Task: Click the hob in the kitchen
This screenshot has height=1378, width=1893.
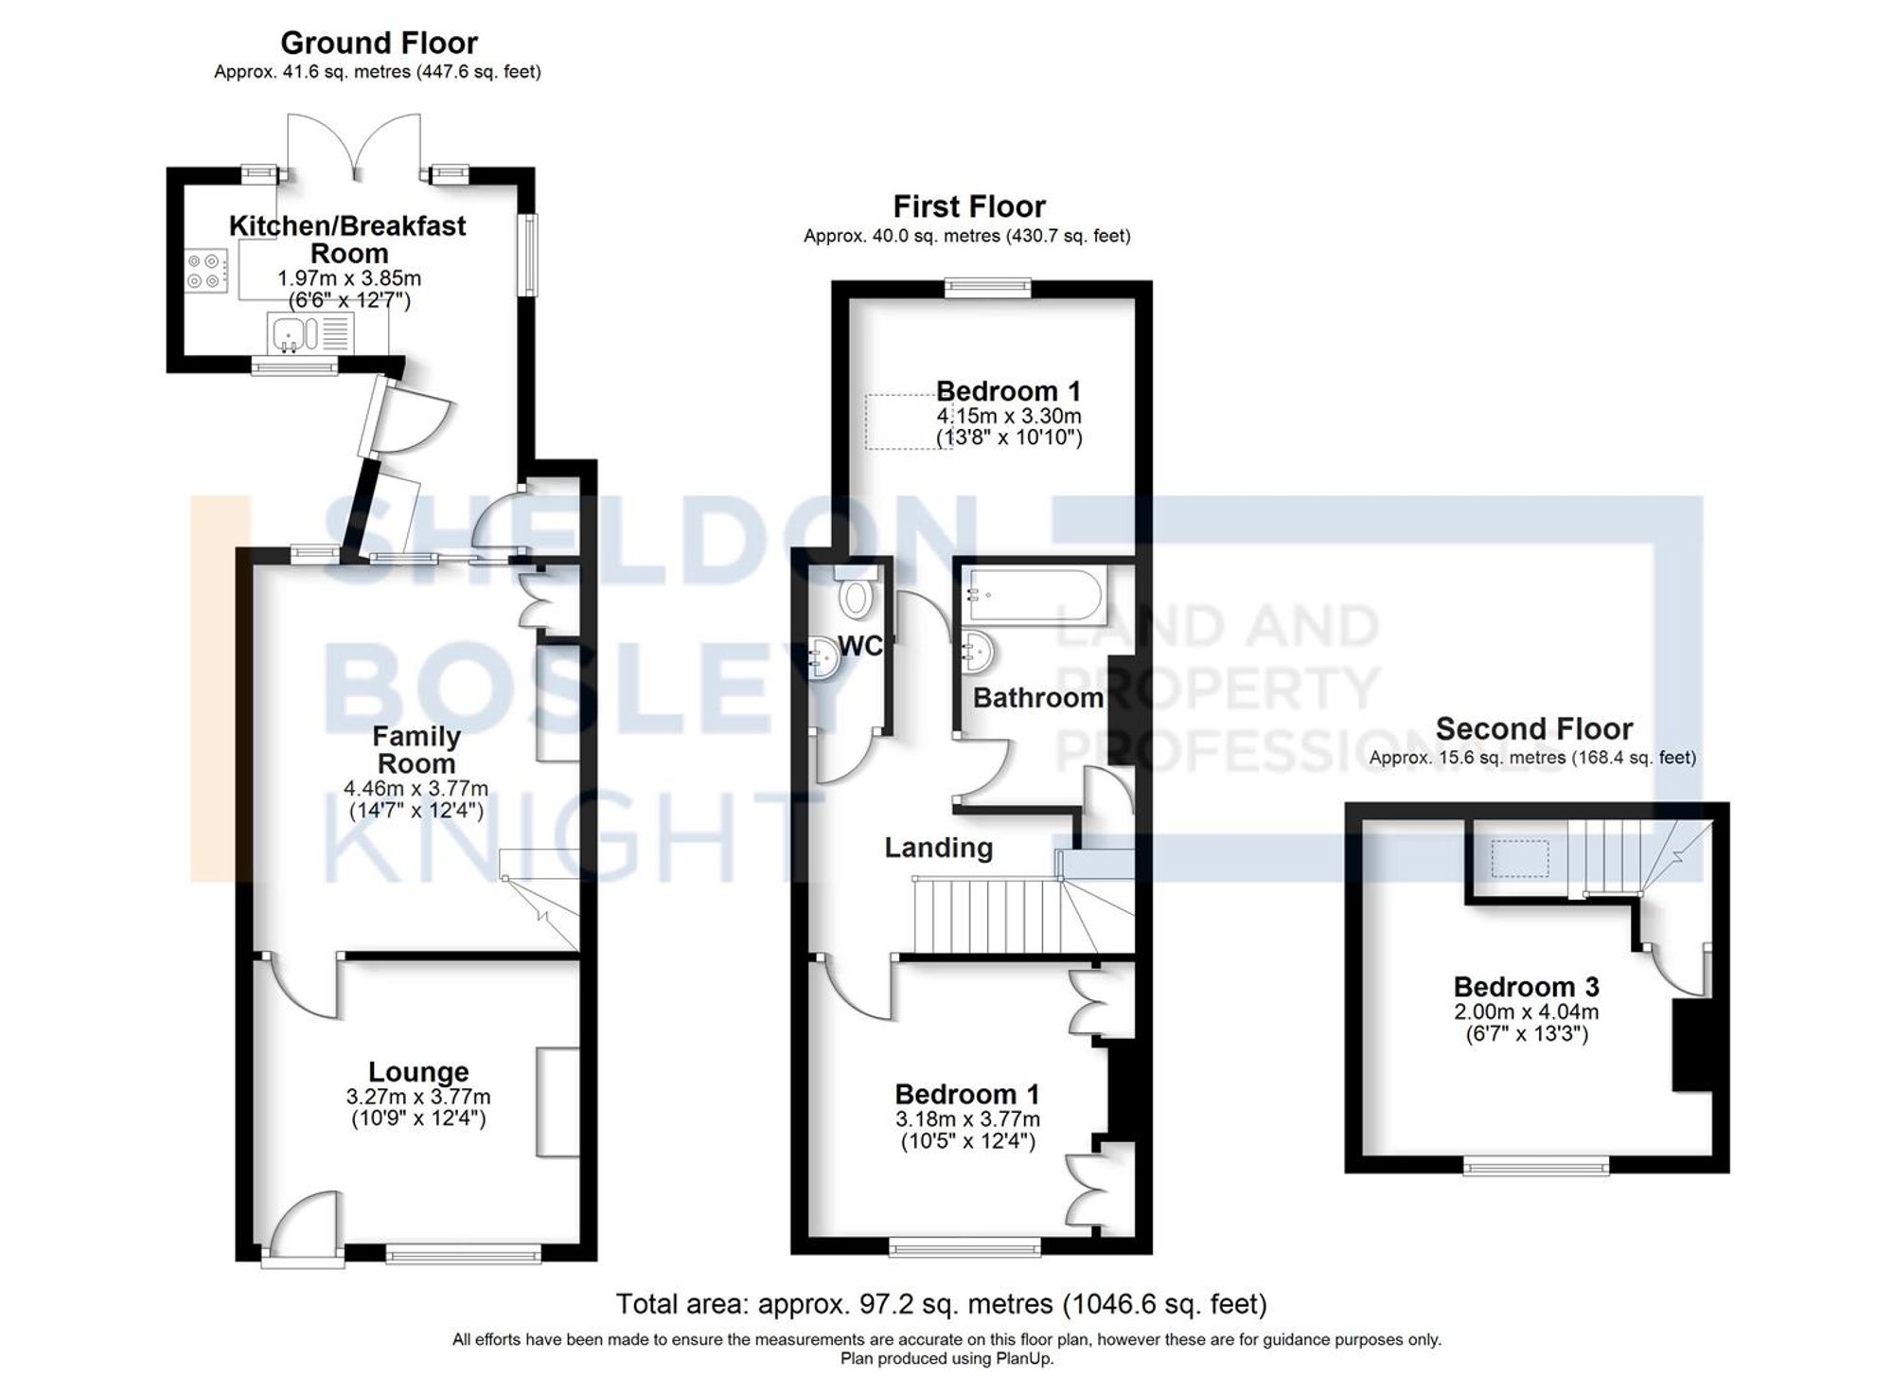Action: coord(206,270)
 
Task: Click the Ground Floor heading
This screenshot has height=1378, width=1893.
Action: coord(379,43)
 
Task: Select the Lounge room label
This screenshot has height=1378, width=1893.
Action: coord(418,1072)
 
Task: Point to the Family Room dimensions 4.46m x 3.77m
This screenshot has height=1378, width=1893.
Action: coord(416,788)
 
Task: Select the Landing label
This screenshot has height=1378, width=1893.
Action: coord(938,848)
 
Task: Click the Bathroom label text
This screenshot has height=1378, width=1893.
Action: coord(1037,698)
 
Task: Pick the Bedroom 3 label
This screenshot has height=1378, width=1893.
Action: coord(1526,987)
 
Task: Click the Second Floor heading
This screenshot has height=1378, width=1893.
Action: coord(1533,728)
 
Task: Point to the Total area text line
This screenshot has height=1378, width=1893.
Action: coord(941,1304)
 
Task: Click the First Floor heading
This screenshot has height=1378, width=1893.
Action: coord(969,206)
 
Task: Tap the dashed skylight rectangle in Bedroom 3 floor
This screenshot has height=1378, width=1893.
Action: coord(1520,858)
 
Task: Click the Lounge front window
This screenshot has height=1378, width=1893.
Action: coord(464,1256)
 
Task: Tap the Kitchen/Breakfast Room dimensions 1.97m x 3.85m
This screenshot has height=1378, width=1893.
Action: coord(348,278)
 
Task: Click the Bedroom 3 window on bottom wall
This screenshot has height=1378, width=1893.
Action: coord(1535,1167)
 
